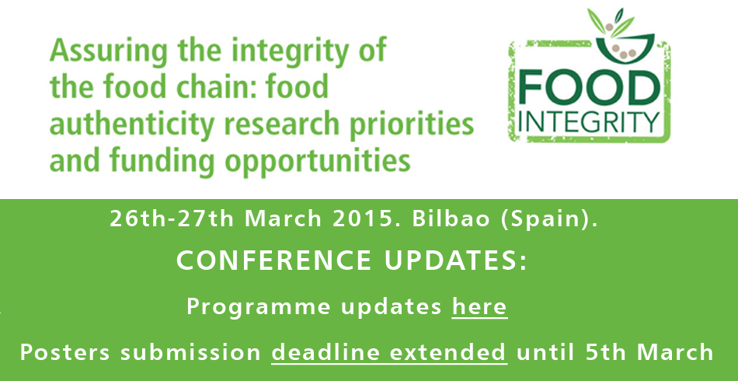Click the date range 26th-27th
tap(172, 219)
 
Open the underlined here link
tap(479, 306)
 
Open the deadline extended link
tap(388, 352)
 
